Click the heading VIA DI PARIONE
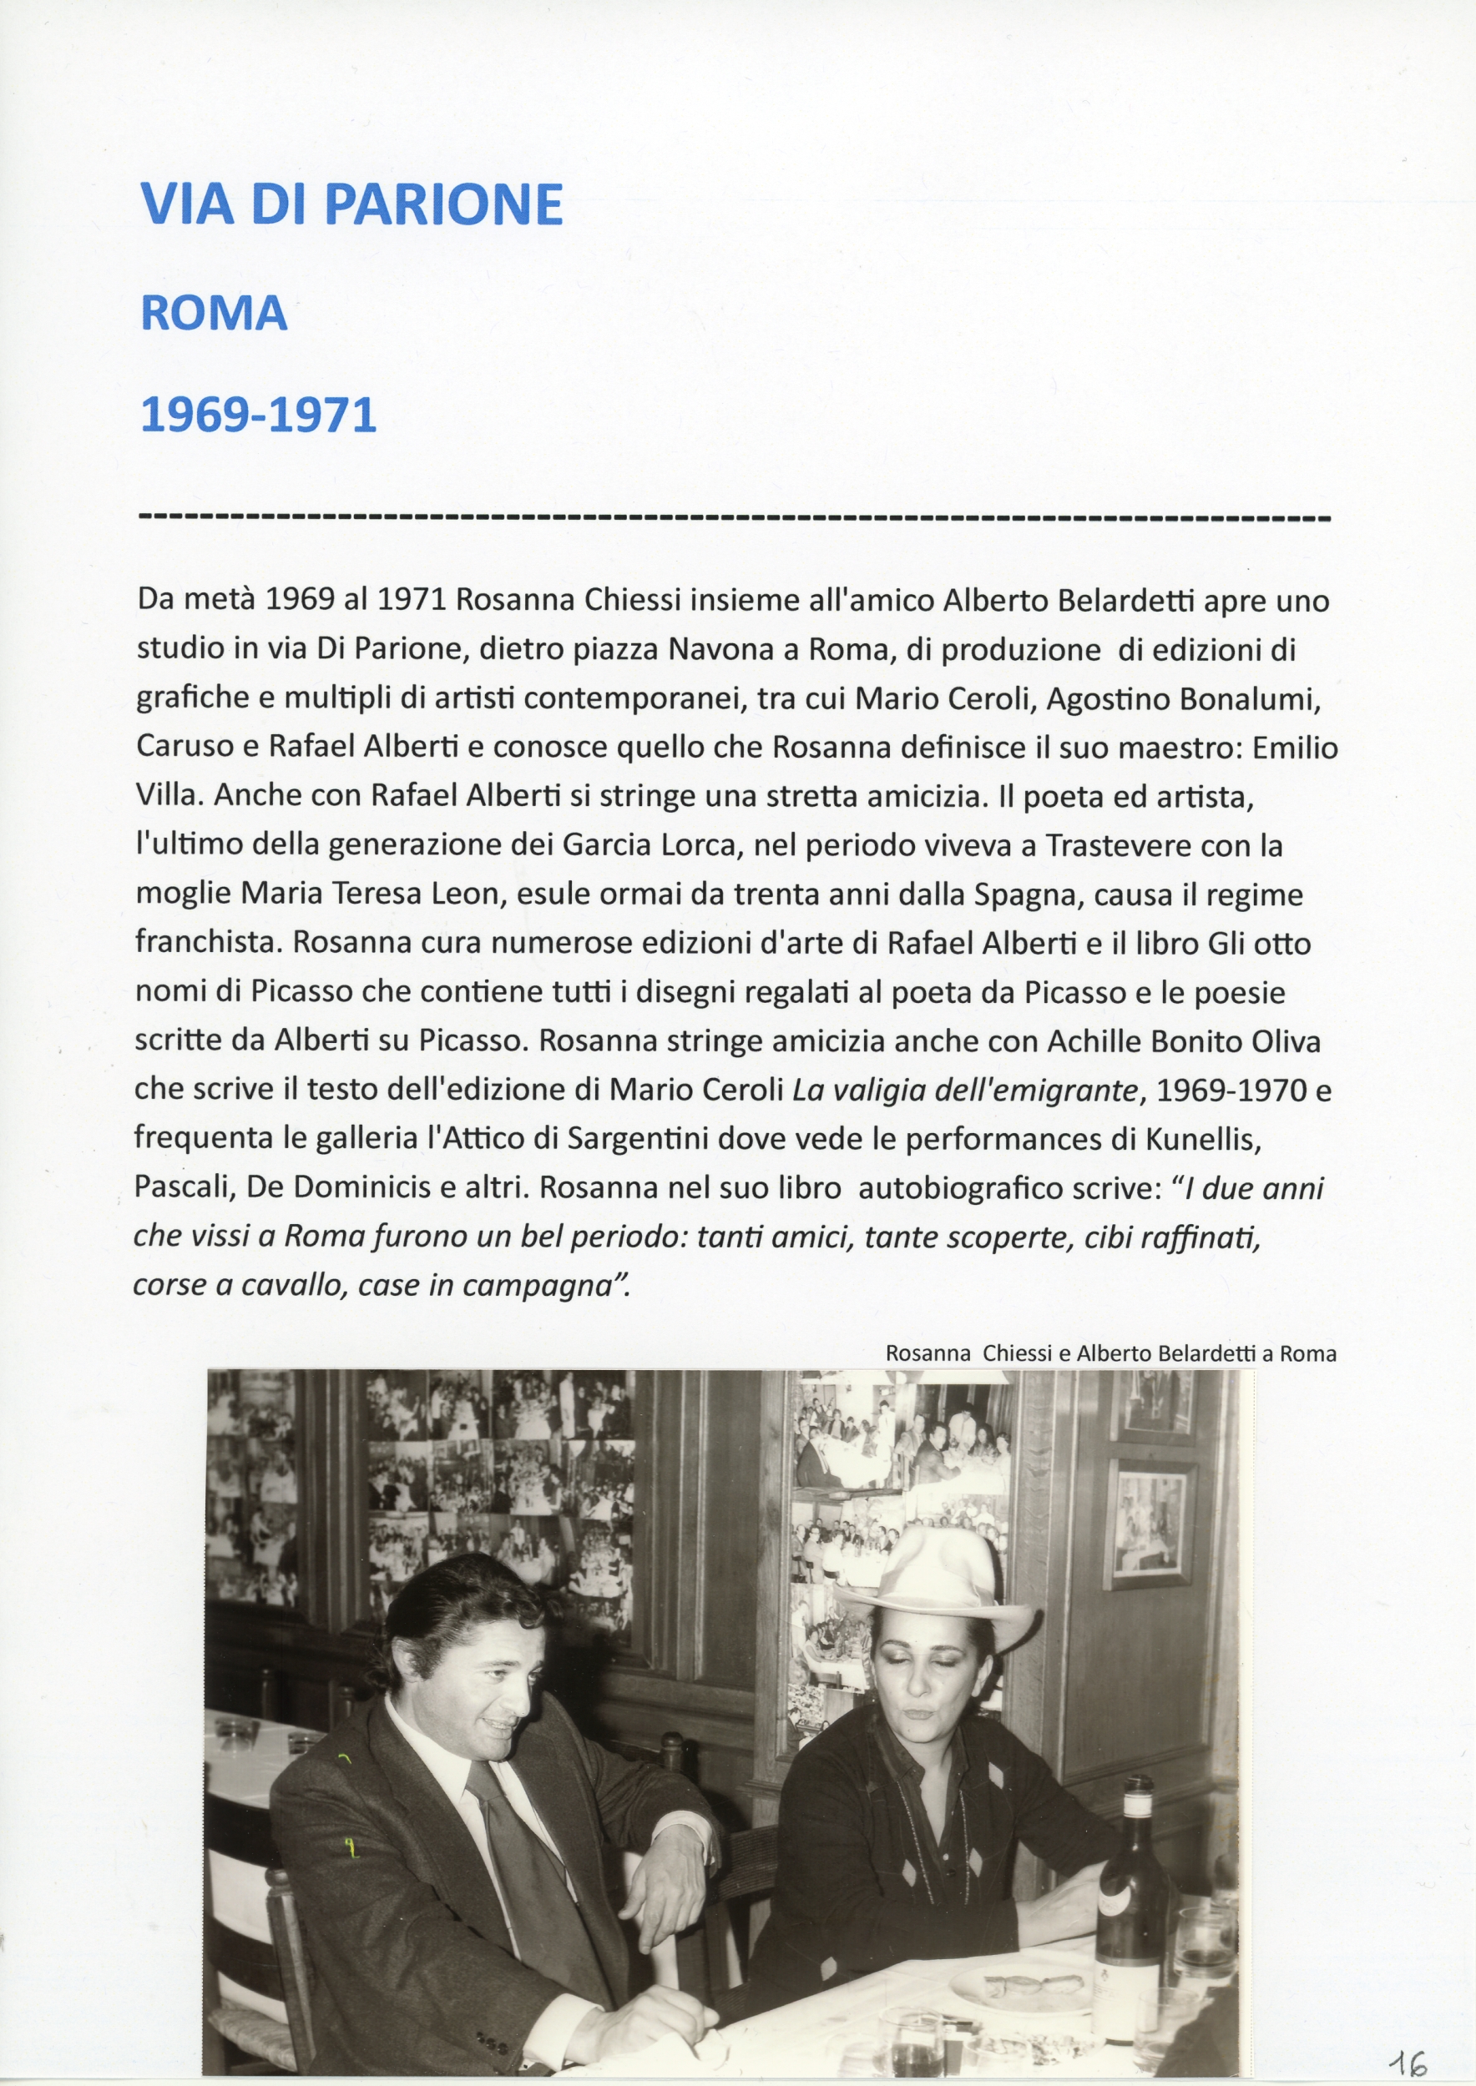[x=351, y=204]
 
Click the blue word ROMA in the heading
[x=214, y=315]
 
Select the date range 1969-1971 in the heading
[x=258, y=416]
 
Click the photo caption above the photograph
[x=1110, y=1353]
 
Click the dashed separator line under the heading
[x=736, y=519]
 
